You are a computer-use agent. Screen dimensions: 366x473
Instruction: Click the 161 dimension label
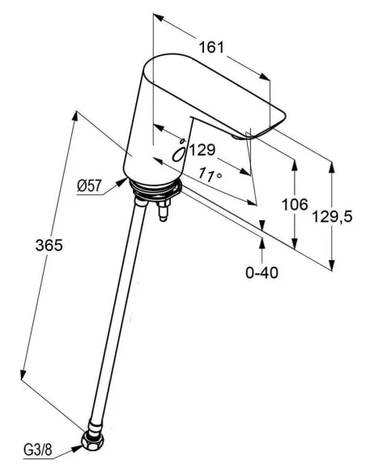pyautogui.click(x=211, y=47)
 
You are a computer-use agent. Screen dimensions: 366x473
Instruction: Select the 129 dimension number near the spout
pyautogui.click(x=202, y=150)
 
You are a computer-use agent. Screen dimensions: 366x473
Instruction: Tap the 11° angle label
pyautogui.click(x=211, y=174)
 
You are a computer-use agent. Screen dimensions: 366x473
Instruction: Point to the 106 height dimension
pyautogui.click(x=295, y=205)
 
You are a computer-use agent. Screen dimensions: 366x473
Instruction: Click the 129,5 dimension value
pyautogui.click(x=332, y=216)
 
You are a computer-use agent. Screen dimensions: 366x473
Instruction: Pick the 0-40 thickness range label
pyautogui.click(x=262, y=273)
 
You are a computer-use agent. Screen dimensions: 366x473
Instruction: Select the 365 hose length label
pyautogui.click(x=49, y=245)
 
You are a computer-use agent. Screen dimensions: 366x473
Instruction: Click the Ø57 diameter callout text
pyautogui.click(x=89, y=185)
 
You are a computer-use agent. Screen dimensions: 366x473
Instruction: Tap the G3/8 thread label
pyautogui.click(x=38, y=450)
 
